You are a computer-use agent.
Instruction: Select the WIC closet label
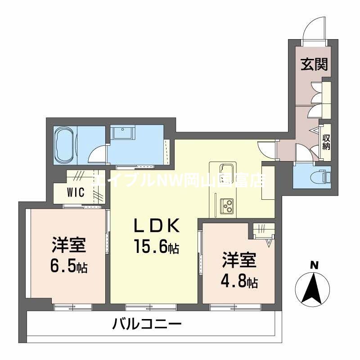[x=76, y=193]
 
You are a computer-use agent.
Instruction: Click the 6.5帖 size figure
[x=69, y=267]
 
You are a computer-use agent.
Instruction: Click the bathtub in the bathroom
[x=66, y=144]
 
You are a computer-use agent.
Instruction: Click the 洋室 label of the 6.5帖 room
[x=69, y=246]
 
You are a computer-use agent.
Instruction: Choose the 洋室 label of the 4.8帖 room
[x=239, y=261]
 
